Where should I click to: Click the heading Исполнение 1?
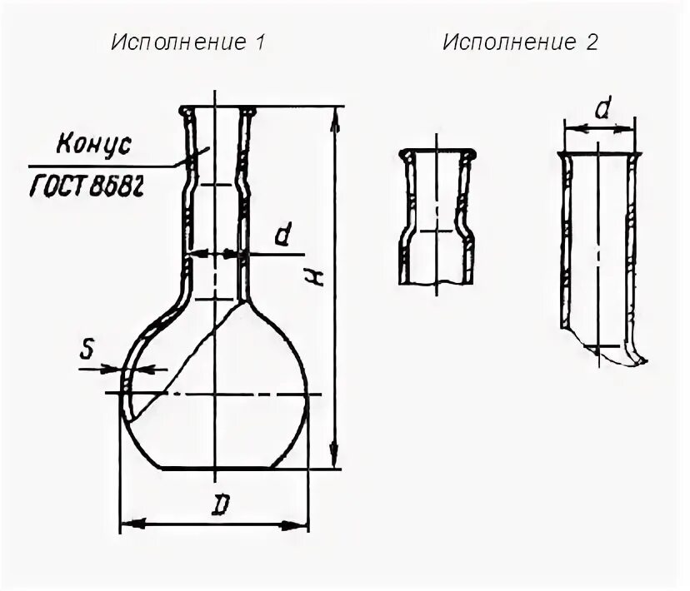pyautogui.click(x=187, y=43)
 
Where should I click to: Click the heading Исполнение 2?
pyautogui.click(x=520, y=43)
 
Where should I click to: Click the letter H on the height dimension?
pyautogui.click(x=317, y=279)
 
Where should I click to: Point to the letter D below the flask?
pyautogui.click(x=219, y=506)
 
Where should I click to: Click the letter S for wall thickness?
pyautogui.click(x=87, y=353)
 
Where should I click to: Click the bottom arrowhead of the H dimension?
pyautogui.click(x=335, y=458)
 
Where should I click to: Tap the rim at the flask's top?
pyautogui.click(x=216, y=109)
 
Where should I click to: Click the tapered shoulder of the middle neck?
pyautogui.click(x=463, y=226)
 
